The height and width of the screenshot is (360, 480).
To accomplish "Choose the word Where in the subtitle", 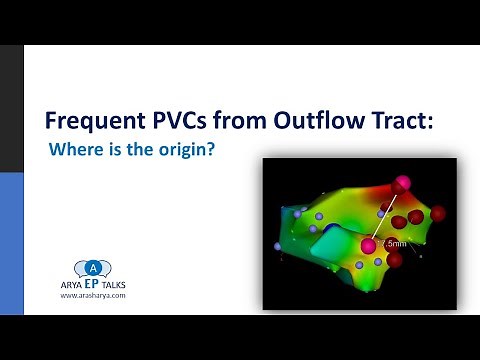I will [73, 153].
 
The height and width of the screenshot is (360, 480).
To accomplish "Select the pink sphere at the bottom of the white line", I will [370, 245].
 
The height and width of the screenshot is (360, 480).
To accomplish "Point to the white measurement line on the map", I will [387, 214].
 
